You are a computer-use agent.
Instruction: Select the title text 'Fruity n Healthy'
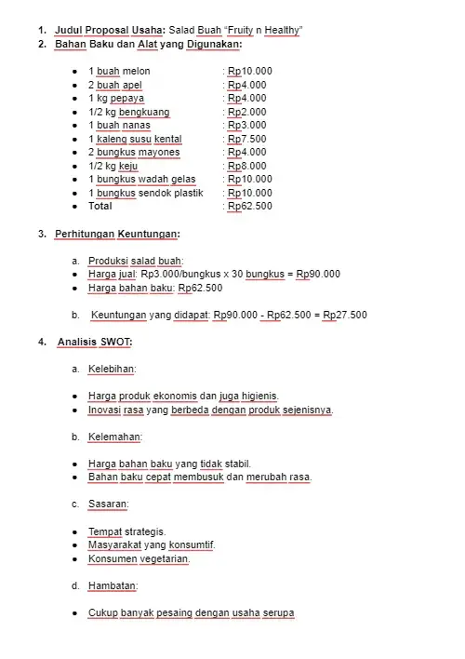[x=262, y=31]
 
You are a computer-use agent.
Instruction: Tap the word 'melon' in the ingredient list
[x=135, y=72]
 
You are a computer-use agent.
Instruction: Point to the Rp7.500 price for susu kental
[x=247, y=139]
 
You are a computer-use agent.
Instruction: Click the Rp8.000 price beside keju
[x=247, y=166]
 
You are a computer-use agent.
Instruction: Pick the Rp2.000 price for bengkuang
[x=247, y=112]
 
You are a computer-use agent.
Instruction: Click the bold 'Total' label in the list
[x=100, y=207]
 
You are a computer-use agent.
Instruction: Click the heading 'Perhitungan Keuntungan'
[x=116, y=234]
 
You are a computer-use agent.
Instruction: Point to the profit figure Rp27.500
[x=345, y=315]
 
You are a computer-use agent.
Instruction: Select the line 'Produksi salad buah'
[x=136, y=261]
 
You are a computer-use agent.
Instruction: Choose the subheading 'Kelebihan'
[x=112, y=370]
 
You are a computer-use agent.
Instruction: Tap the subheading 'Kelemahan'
[x=114, y=437]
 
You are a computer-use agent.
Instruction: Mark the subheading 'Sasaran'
[x=108, y=504]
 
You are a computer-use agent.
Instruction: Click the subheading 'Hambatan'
[x=113, y=586]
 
